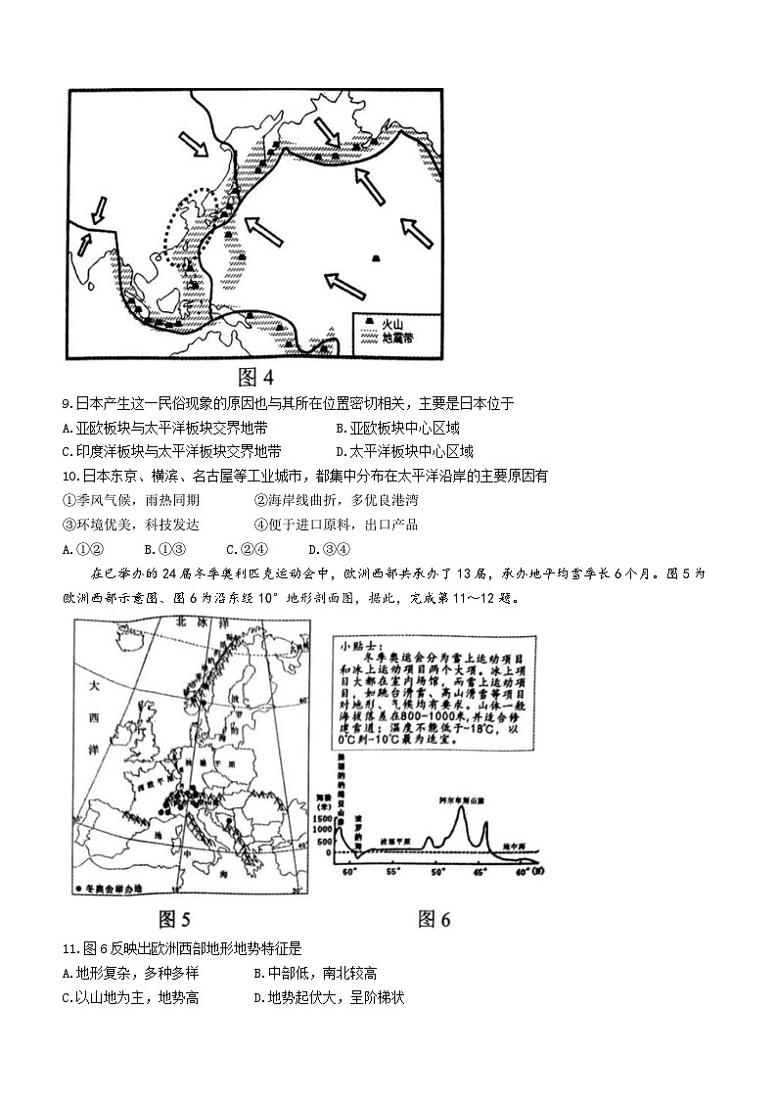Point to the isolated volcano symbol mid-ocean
[376, 258]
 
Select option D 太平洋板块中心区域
[403, 452]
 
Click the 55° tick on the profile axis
[393, 869]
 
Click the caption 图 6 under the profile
[434, 919]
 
